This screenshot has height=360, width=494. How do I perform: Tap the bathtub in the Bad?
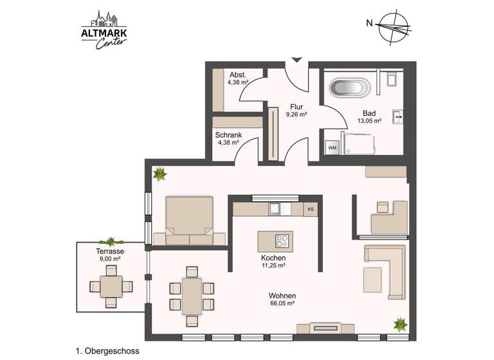tap(351, 87)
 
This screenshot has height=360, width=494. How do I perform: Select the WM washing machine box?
tap(333, 148)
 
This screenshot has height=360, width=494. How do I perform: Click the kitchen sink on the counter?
tap(275, 208)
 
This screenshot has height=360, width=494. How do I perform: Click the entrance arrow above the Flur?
tap(296, 60)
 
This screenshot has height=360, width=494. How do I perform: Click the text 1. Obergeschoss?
tap(107, 351)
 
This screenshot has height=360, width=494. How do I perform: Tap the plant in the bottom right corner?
tap(400, 324)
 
